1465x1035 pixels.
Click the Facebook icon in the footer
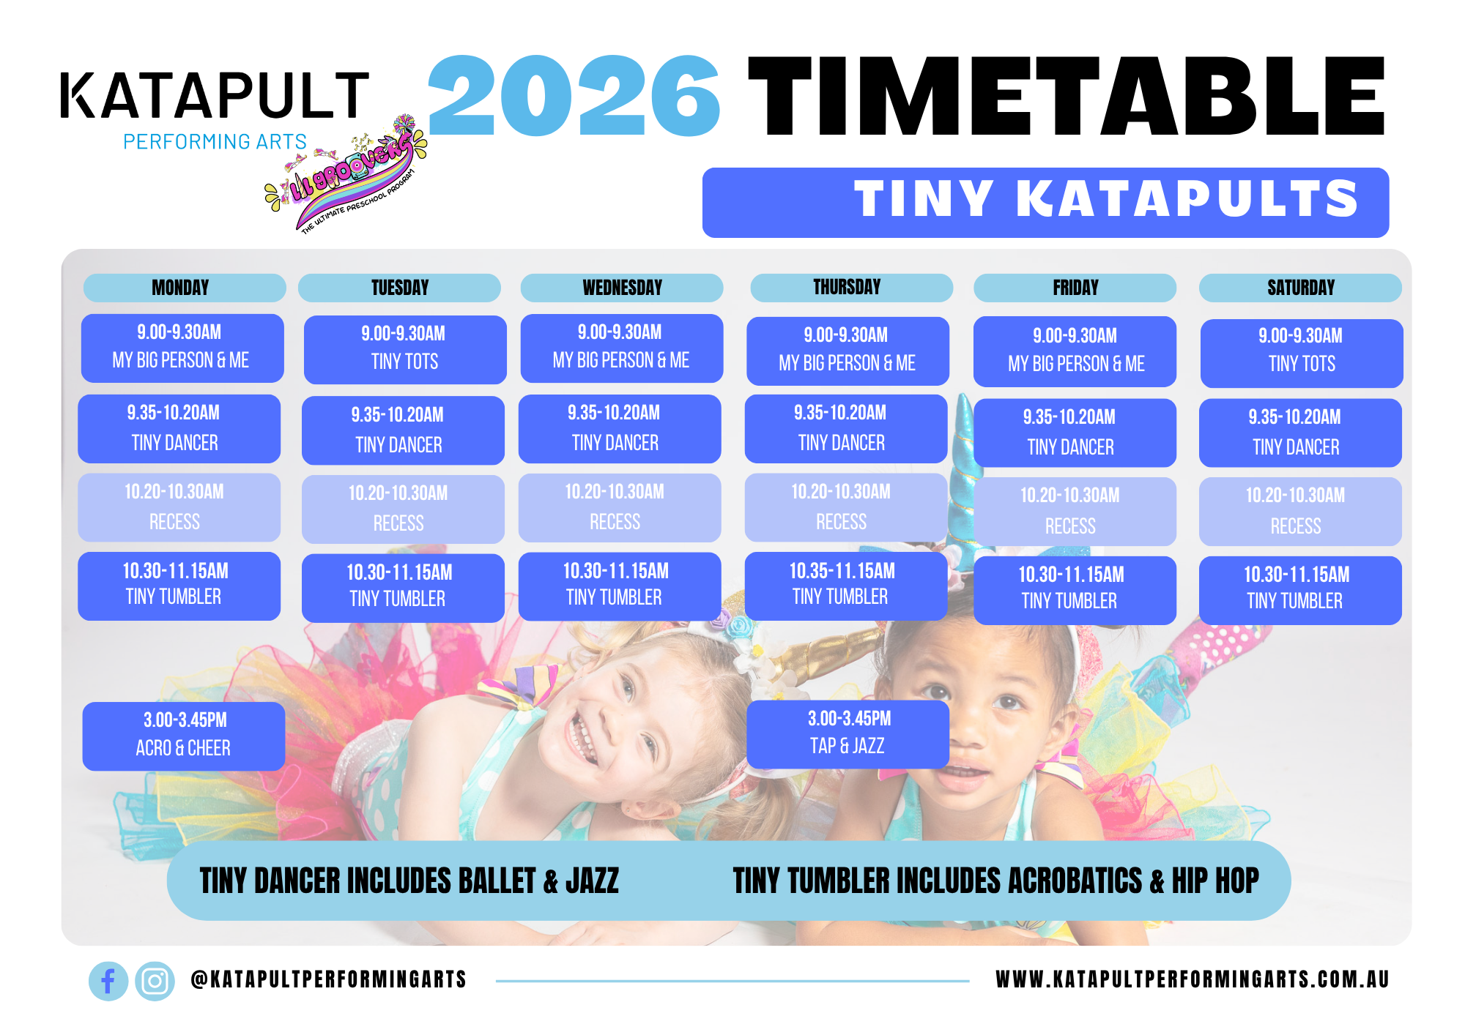108,981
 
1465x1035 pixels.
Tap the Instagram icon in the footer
155,981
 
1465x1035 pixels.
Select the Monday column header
185,288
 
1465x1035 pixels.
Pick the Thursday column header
852,288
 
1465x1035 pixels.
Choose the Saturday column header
1300,288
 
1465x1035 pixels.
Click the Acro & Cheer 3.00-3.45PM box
184,736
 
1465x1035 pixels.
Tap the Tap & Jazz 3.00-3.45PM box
848,734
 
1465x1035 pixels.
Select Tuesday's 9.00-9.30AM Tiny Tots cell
405,349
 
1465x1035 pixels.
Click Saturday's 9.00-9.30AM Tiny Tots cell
1302,353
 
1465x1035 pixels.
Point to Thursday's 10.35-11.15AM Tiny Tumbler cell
846,586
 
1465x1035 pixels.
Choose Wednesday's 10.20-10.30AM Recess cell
620,507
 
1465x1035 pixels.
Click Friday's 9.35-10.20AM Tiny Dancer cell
1075,433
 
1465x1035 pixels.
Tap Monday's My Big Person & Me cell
182,348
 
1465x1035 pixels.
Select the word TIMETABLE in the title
1067,97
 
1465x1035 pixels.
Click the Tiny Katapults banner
1045,202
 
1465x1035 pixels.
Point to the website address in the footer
1193,979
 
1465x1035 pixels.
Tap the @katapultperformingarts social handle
328,979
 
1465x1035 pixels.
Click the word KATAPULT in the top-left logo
215,95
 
